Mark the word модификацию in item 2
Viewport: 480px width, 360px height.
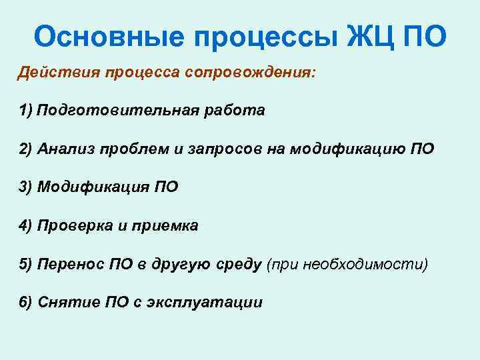coord(346,149)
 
